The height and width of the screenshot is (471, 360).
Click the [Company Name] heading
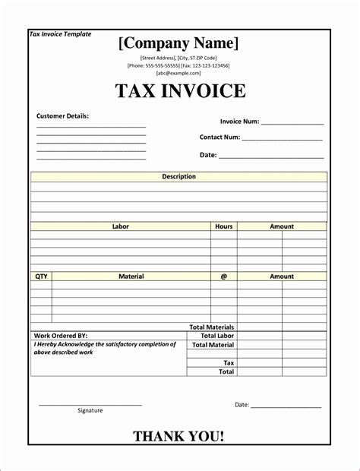tap(178, 43)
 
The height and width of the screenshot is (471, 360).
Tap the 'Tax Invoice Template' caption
tap(60, 34)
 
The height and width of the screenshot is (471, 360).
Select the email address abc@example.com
tap(178, 74)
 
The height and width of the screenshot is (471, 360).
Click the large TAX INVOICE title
tap(180, 92)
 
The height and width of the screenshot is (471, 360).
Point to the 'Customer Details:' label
tap(63, 116)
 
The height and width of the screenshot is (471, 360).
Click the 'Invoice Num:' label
tap(239, 122)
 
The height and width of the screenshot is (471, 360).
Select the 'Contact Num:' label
tap(219, 138)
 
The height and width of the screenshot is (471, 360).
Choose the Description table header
tap(178, 176)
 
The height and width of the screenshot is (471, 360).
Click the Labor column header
tap(121, 226)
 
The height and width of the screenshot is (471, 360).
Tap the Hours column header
tap(223, 226)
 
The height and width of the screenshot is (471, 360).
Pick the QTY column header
tap(41, 277)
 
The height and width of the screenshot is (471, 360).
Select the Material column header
tap(131, 277)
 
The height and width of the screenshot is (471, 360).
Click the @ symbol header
tap(223, 277)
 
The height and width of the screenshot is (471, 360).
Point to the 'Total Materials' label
tap(211, 327)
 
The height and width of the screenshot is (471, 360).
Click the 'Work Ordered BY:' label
tap(61, 335)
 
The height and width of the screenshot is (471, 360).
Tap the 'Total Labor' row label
tap(217, 335)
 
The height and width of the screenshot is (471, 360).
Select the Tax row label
tap(229, 363)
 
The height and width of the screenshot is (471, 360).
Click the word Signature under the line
tap(90, 411)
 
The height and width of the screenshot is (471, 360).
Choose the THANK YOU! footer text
tap(178, 436)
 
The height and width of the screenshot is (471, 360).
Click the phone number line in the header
tap(178, 66)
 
